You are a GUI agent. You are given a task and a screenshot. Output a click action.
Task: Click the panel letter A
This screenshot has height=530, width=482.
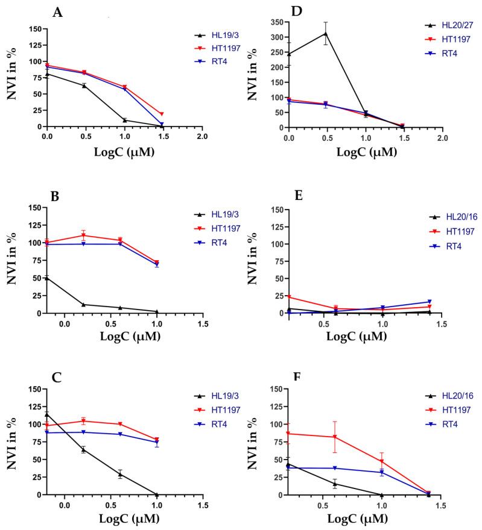[58, 12]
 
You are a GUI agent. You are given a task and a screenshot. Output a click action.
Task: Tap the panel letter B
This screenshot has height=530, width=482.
[57, 196]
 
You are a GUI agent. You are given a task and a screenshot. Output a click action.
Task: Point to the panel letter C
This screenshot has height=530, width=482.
[57, 378]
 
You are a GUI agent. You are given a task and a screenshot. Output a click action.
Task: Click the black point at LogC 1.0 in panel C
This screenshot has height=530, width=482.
[157, 494]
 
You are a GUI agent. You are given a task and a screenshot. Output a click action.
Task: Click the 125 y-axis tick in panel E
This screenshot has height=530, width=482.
[274, 227]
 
